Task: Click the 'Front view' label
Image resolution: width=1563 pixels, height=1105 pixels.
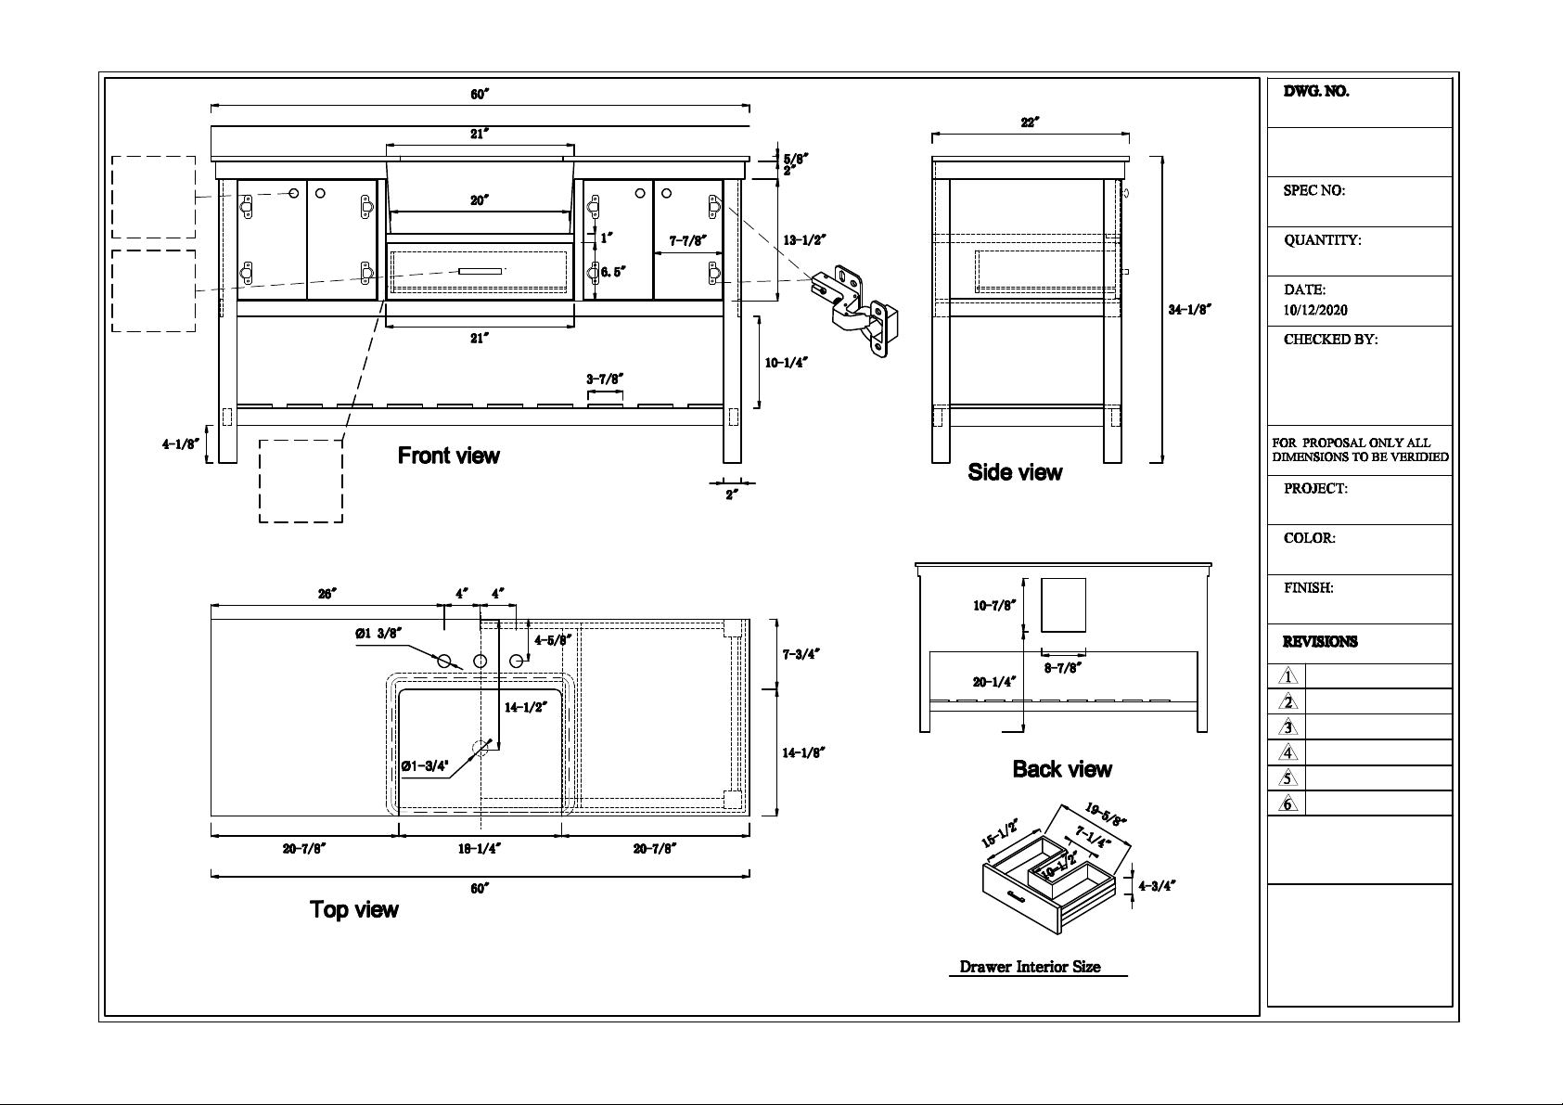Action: pyautogui.click(x=449, y=456)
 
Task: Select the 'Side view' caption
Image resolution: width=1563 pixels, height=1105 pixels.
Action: pyautogui.click(x=1015, y=472)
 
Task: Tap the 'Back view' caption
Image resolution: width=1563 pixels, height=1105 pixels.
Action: pyautogui.click(x=1062, y=769)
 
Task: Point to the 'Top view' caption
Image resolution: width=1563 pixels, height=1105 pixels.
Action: pyautogui.click(x=353, y=909)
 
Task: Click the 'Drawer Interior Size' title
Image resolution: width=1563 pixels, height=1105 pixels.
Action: pyautogui.click(x=1030, y=967)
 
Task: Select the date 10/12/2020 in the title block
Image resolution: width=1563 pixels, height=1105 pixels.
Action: pyautogui.click(x=1315, y=311)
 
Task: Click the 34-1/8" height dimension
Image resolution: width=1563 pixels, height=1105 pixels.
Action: pyautogui.click(x=1190, y=309)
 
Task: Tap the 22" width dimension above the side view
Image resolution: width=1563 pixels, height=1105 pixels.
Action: pyautogui.click(x=1030, y=122)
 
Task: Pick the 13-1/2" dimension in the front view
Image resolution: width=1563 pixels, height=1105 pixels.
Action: pyautogui.click(x=804, y=240)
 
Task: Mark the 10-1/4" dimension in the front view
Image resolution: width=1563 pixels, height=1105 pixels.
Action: pyautogui.click(x=786, y=362)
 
